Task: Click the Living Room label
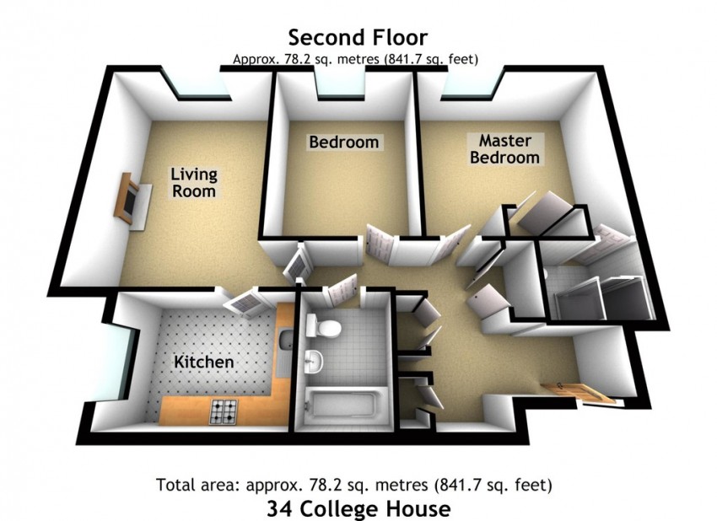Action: (194, 182)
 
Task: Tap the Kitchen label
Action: (204, 362)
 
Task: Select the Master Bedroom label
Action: (504, 149)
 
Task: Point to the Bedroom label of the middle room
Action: (344, 142)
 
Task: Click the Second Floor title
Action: (358, 37)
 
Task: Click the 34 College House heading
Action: (358, 508)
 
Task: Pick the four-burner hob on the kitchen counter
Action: (224, 411)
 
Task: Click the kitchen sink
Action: (286, 340)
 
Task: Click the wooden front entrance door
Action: (578, 393)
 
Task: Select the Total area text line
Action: (354, 485)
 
